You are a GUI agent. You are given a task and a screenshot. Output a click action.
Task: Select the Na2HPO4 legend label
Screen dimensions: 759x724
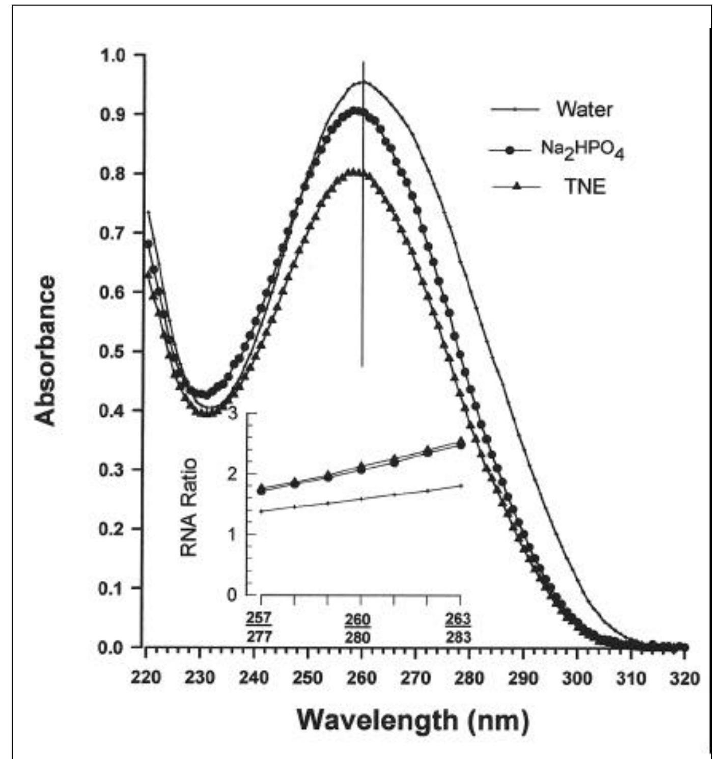[x=582, y=151]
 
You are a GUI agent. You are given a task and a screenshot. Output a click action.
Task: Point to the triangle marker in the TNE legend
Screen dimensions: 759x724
[x=516, y=187]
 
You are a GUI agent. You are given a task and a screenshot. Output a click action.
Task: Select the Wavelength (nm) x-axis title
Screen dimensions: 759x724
[x=412, y=720]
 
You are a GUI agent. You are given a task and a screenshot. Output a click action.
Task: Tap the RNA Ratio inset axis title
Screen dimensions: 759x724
[x=189, y=507]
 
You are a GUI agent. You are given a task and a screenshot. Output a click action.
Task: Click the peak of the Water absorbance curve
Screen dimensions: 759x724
[x=363, y=81]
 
